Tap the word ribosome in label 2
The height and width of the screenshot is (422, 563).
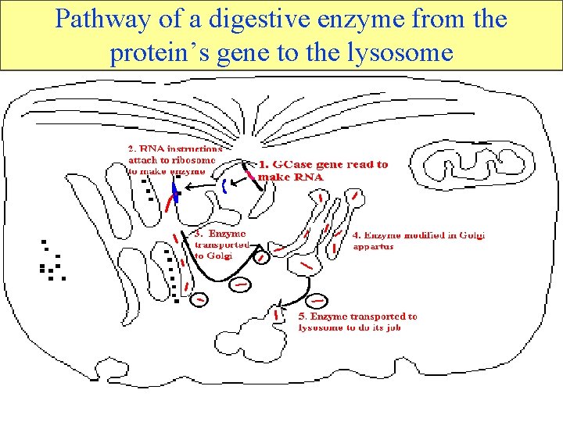pos(199,159)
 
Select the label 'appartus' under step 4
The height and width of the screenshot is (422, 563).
pos(373,246)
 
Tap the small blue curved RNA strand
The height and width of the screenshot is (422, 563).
pos(224,186)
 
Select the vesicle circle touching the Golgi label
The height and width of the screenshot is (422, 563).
pos(260,255)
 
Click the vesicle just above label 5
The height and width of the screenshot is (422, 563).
pos(317,299)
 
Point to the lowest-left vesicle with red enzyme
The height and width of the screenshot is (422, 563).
pos(201,299)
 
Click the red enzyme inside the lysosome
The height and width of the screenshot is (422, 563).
pos(276,315)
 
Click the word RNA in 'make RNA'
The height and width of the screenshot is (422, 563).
pos(307,177)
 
